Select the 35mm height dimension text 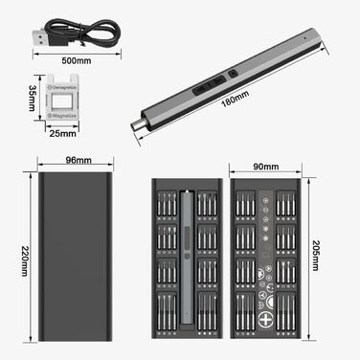click(x=31, y=99)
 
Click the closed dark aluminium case click(x=73, y=259)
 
